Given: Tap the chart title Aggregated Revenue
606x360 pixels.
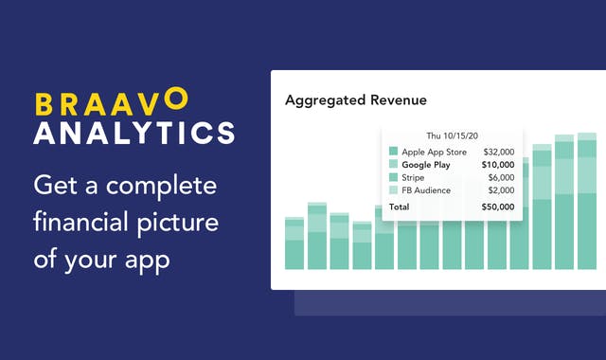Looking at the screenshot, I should (x=356, y=99).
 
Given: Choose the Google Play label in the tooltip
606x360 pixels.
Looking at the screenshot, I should (x=426, y=164).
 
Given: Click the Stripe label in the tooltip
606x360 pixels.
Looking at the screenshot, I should (x=415, y=177).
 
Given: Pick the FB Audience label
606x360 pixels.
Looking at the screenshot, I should (x=427, y=190).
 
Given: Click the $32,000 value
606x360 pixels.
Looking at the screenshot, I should (x=499, y=151).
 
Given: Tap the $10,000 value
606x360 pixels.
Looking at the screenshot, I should (x=499, y=164).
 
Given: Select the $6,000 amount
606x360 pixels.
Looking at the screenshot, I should (x=501, y=177).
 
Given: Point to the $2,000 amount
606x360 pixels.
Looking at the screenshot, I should (x=501, y=190).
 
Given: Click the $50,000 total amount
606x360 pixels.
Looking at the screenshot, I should (x=499, y=207).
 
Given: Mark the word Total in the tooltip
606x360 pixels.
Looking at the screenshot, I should (x=400, y=207).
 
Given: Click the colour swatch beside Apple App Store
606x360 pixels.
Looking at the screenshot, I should (x=393, y=151).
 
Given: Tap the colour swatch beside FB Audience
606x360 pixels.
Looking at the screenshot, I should (x=393, y=190).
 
